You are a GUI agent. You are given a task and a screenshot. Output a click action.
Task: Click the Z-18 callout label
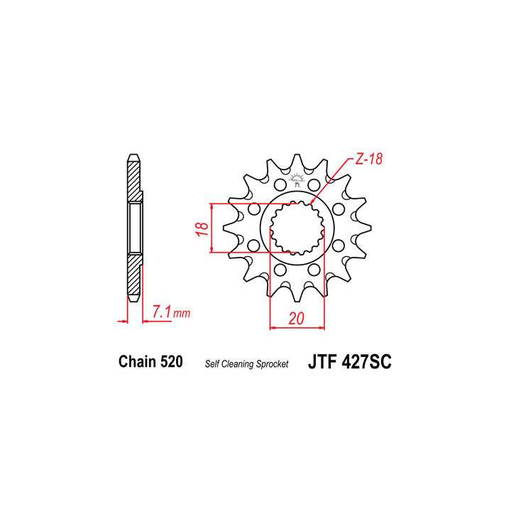368,160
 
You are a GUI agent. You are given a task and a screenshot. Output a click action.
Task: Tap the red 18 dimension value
202,229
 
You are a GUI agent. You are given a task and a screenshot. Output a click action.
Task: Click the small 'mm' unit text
182,313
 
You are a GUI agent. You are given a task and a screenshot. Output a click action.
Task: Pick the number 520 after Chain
172,362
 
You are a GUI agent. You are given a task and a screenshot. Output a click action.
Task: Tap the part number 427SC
363,362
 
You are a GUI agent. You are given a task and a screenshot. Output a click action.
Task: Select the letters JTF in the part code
322,362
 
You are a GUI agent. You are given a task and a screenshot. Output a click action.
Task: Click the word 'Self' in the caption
212,364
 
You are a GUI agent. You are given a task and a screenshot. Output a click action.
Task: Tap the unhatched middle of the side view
134,227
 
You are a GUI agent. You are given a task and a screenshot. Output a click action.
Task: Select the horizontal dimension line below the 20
297,328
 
